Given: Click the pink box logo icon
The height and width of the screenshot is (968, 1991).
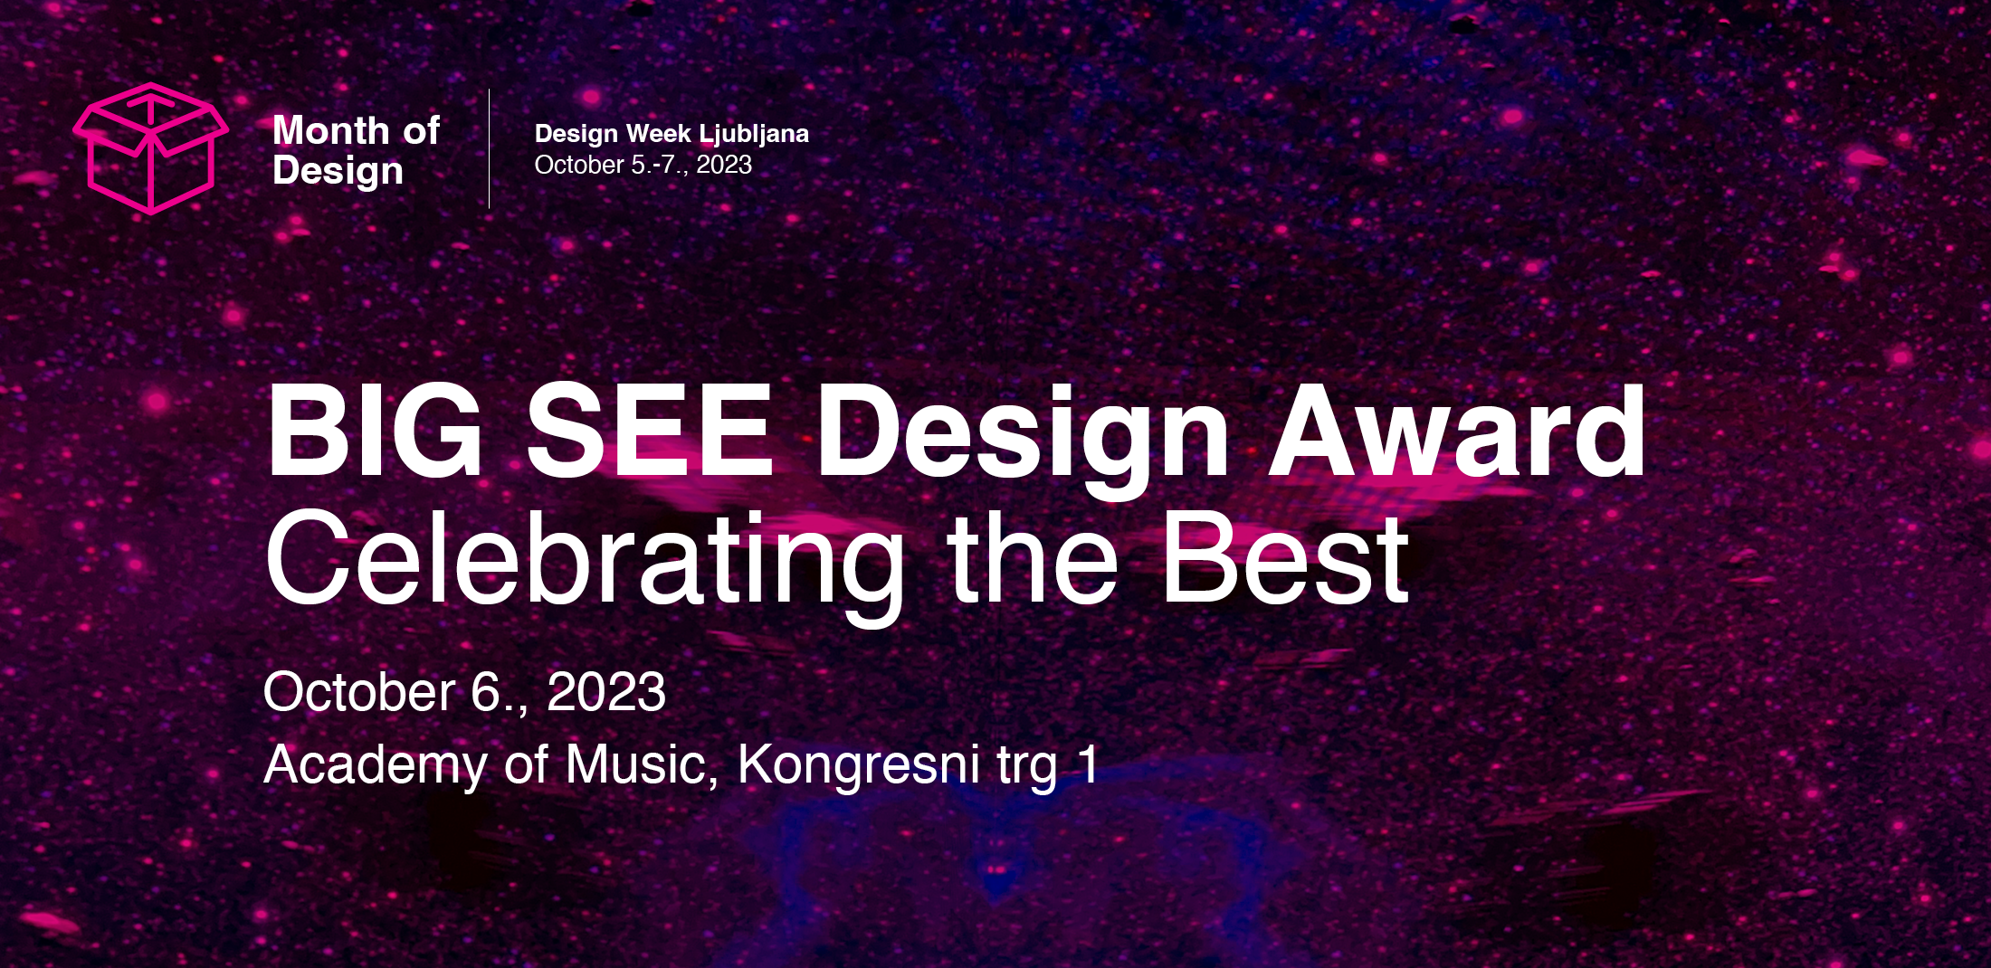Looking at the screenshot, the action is pyautogui.click(x=150, y=148).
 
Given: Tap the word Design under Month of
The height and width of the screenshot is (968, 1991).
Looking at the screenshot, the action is pyautogui.click(x=338, y=172).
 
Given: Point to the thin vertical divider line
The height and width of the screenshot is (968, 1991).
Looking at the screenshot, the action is pyautogui.click(x=489, y=148).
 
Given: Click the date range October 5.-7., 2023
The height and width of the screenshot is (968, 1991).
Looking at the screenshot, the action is pyautogui.click(x=643, y=165).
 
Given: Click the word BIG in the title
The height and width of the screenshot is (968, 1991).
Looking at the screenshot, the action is pyautogui.click(x=375, y=431).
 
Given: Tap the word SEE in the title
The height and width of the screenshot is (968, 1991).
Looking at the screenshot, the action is pyautogui.click(x=650, y=431).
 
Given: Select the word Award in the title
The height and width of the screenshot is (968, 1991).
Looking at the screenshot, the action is pyautogui.click(x=1457, y=431).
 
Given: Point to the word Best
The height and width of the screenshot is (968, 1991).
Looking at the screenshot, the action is pyautogui.click(x=1286, y=557).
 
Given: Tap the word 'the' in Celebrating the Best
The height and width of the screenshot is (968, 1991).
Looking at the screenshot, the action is pyautogui.click(x=1033, y=557).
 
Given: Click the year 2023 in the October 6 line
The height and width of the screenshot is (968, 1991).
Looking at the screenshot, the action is pyautogui.click(x=606, y=693).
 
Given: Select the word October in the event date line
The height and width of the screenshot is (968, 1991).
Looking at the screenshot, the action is pyautogui.click(x=359, y=693).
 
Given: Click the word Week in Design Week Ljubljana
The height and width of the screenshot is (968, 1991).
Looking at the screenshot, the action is pyautogui.click(x=658, y=134).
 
